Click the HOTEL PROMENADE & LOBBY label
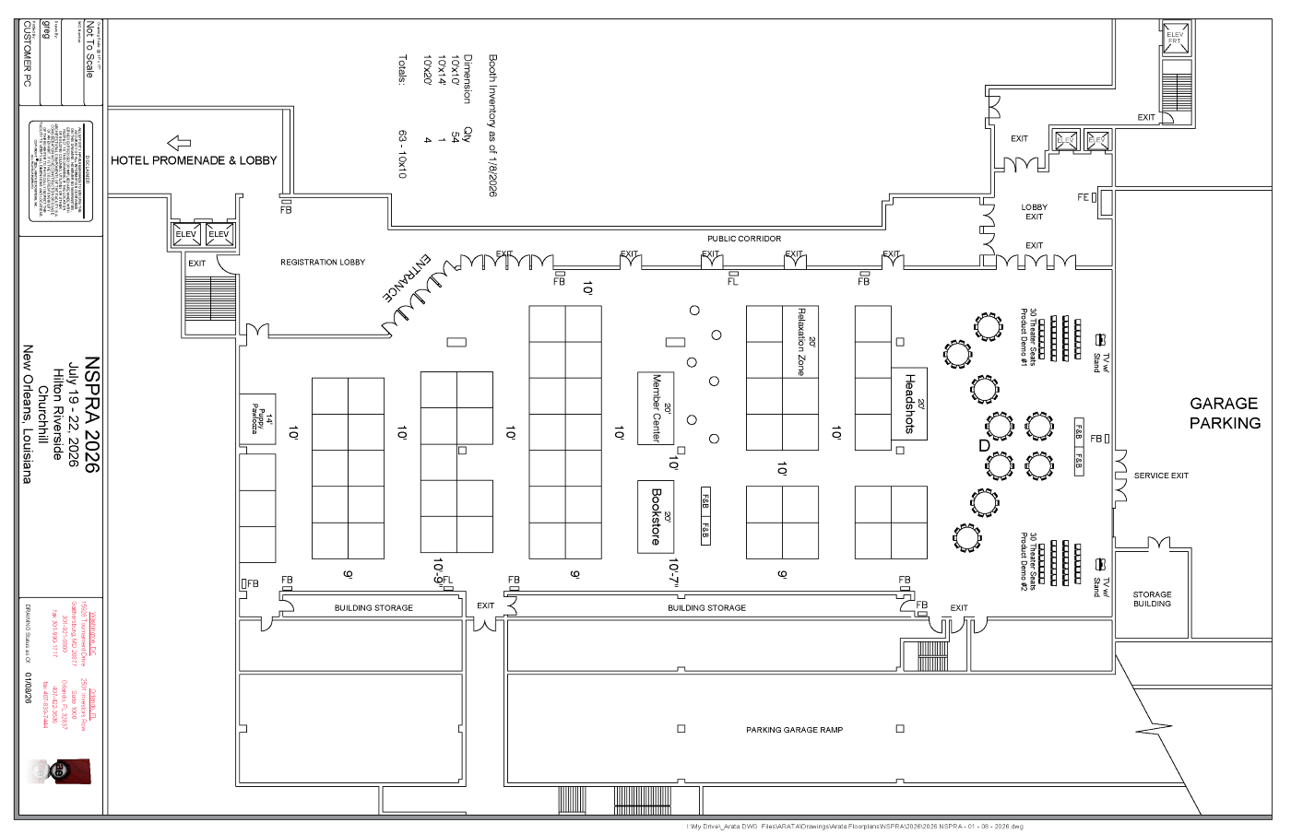point(194,160)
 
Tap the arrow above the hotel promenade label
point(179,143)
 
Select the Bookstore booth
point(656,516)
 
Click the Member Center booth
point(656,408)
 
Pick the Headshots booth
point(909,404)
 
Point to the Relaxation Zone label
point(801,342)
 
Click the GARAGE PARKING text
point(1224,414)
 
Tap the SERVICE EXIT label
point(1161,476)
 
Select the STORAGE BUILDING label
point(1152,599)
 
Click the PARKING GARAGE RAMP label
point(794,730)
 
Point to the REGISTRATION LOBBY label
point(323,263)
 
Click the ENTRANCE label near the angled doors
point(407,278)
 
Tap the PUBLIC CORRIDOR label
point(744,239)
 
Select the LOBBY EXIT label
point(1034,212)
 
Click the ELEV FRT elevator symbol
point(1175,39)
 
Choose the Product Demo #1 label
point(1025,337)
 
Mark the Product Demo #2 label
point(1025,561)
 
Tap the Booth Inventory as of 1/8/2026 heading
point(492,125)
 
